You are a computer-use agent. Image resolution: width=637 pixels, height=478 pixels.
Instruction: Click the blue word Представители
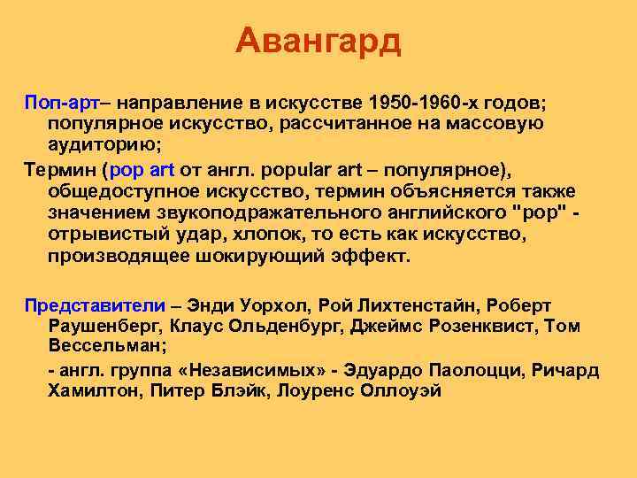point(95,305)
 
